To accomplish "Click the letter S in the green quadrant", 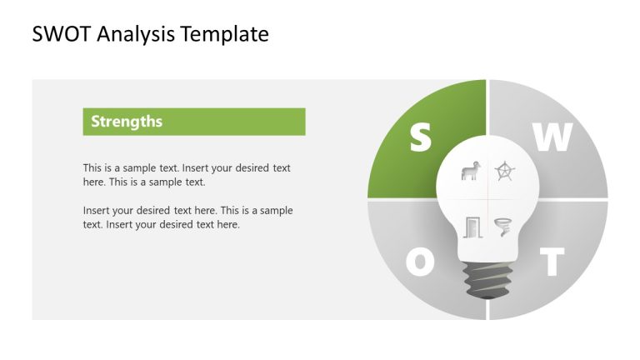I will coord(421,138).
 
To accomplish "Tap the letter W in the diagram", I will coord(552,138).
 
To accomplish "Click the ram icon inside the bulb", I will coord(469,172).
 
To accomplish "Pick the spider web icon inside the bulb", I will coord(504,172).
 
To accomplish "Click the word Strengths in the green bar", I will coord(127,122).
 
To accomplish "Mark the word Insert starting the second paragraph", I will coord(98,211).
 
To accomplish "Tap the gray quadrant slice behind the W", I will coord(583,167).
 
